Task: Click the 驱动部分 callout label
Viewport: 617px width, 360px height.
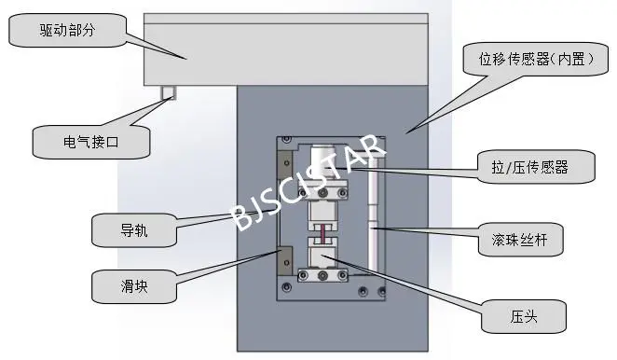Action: (x=67, y=32)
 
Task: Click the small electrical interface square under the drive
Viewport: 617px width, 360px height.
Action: (x=168, y=92)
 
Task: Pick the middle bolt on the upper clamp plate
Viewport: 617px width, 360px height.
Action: (x=322, y=193)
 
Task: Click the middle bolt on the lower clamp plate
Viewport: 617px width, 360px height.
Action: (x=322, y=276)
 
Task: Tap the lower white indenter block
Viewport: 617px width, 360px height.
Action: (x=322, y=256)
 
